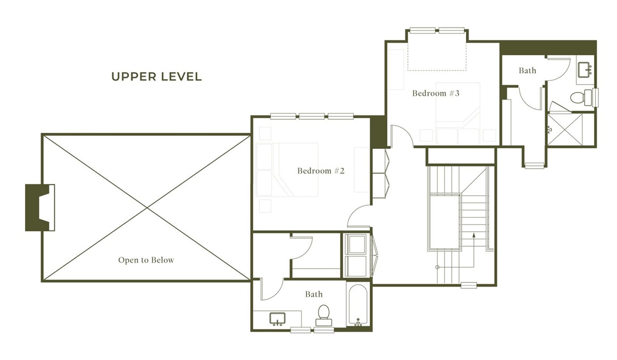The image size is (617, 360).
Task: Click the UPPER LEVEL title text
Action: [x=156, y=77]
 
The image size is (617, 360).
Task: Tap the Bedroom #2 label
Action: [x=321, y=171]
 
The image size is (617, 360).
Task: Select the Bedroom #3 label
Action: [x=436, y=93]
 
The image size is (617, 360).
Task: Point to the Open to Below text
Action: [x=146, y=260]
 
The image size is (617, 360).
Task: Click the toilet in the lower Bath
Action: [x=323, y=315]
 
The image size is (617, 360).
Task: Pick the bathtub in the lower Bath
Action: [x=357, y=305]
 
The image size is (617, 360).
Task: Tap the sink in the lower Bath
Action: [x=277, y=319]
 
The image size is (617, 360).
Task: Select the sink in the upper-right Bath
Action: [x=586, y=69]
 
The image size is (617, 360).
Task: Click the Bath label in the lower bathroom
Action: [x=313, y=294]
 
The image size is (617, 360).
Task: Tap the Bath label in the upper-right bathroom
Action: [x=527, y=70]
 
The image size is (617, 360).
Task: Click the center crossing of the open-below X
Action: [x=146, y=207]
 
